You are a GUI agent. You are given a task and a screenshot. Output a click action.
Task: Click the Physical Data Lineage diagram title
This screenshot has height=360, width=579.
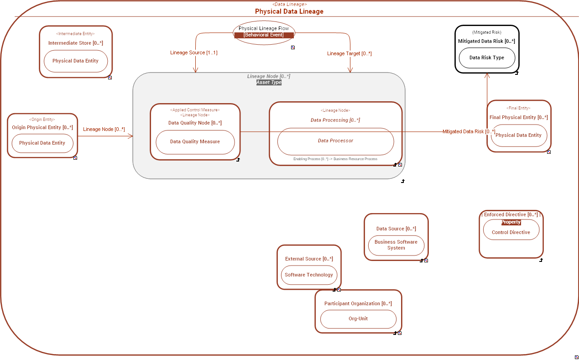click(289, 11)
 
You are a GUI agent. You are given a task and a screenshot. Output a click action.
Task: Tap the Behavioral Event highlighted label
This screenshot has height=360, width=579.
click(264, 35)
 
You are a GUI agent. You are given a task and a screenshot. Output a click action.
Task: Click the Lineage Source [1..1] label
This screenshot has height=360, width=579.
click(194, 53)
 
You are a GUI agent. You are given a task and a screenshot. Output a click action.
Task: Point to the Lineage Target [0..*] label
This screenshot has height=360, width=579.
click(349, 53)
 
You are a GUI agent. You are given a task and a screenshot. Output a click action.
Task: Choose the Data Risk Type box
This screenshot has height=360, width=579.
click(486, 58)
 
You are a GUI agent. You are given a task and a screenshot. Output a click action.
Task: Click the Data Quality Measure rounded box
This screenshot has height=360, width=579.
click(195, 142)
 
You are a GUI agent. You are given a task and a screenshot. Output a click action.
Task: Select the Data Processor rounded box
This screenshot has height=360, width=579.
click(335, 141)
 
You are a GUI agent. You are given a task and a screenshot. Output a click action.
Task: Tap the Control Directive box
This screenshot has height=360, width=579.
click(511, 232)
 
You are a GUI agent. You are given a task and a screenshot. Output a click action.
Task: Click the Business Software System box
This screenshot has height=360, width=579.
click(396, 245)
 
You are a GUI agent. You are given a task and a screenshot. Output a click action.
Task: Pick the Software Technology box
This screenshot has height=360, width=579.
click(309, 275)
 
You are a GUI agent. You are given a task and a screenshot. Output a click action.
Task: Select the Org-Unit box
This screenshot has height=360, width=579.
click(358, 319)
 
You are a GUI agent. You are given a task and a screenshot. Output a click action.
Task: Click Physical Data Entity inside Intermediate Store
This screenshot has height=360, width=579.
click(75, 61)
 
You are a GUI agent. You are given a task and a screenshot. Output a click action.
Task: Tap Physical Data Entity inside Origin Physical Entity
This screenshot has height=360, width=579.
click(42, 143)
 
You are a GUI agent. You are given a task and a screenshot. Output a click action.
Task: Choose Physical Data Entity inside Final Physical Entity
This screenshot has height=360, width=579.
click(518, 136)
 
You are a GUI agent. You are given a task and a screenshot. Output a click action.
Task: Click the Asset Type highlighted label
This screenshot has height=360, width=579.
click(269, 83)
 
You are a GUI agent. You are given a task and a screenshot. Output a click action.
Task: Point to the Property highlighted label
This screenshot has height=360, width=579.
click(511, 222)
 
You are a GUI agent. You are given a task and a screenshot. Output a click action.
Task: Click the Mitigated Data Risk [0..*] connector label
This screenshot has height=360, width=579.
click(469, 132)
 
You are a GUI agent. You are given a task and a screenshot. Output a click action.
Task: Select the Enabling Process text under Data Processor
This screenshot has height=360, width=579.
click(335, 159)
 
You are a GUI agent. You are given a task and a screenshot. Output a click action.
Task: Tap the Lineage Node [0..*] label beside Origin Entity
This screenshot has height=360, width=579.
click(104, 130)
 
